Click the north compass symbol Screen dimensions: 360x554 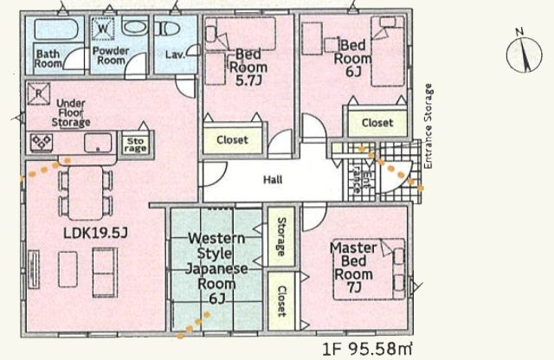pos(521,50)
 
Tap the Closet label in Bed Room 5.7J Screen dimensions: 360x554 pos(232,139)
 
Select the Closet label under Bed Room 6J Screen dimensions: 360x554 pos(377,123)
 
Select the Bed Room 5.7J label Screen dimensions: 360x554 pos(248,68)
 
